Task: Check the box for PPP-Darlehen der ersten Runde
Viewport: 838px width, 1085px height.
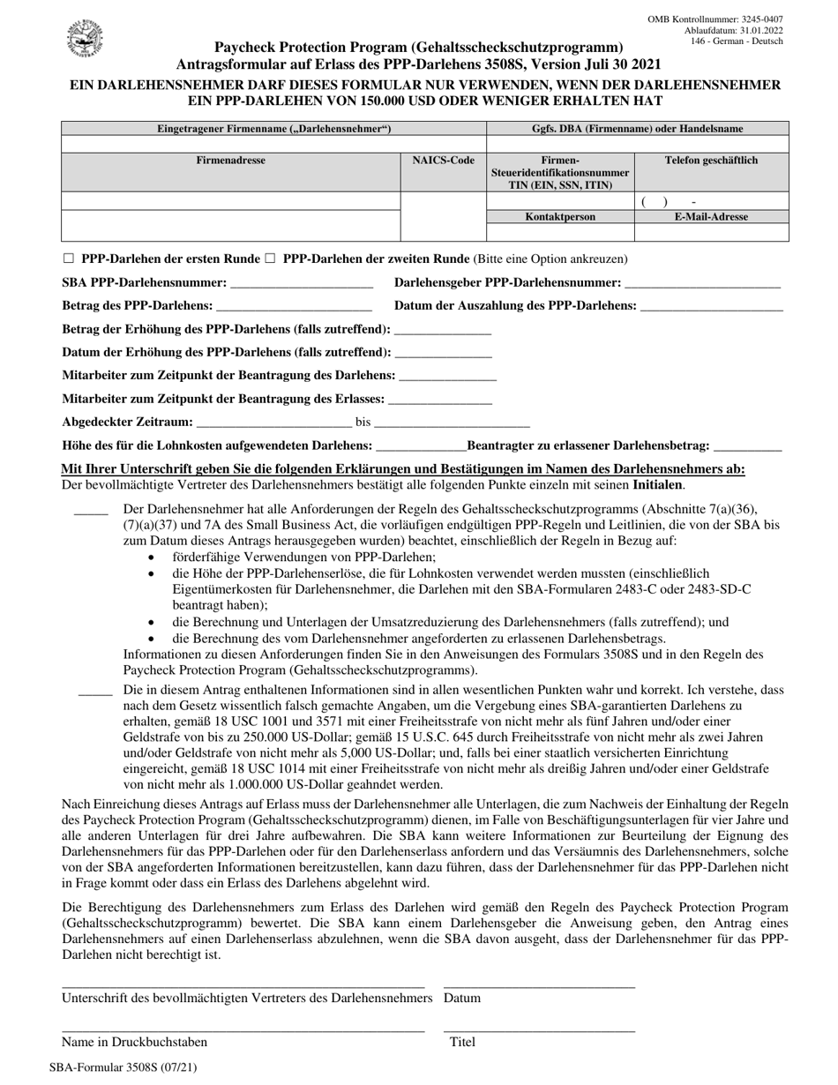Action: pyautogui.click(x=69, y=259)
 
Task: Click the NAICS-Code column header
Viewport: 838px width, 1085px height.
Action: pyautogui.click(x=444, y=161)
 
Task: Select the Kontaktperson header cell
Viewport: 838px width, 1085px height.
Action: pyautogui.click(x=560, y=216)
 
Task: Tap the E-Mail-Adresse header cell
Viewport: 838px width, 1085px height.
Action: pyautogui.click(x=711, y=216)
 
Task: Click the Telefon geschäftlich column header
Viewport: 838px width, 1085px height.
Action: pyautogui.click(x=711, y=161)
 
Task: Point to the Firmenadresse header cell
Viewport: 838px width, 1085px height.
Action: pyautogui.click(x=230, y=161)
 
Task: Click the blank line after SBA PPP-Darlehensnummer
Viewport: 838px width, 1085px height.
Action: pyautogui.click(x=301, y=285)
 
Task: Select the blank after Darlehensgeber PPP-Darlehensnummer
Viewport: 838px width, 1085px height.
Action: pyautogui.click(x=701, y=285)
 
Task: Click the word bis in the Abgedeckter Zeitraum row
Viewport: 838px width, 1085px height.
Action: pyautogui.click(x=363, y=423)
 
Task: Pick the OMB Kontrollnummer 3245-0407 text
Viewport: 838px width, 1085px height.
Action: pyautogui.click(x=715, y=19)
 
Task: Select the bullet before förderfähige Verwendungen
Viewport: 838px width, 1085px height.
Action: pyautogui.click(x=153, y=558)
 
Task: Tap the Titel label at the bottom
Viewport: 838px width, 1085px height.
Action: pyautogui.click(x=462, y=1042)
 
